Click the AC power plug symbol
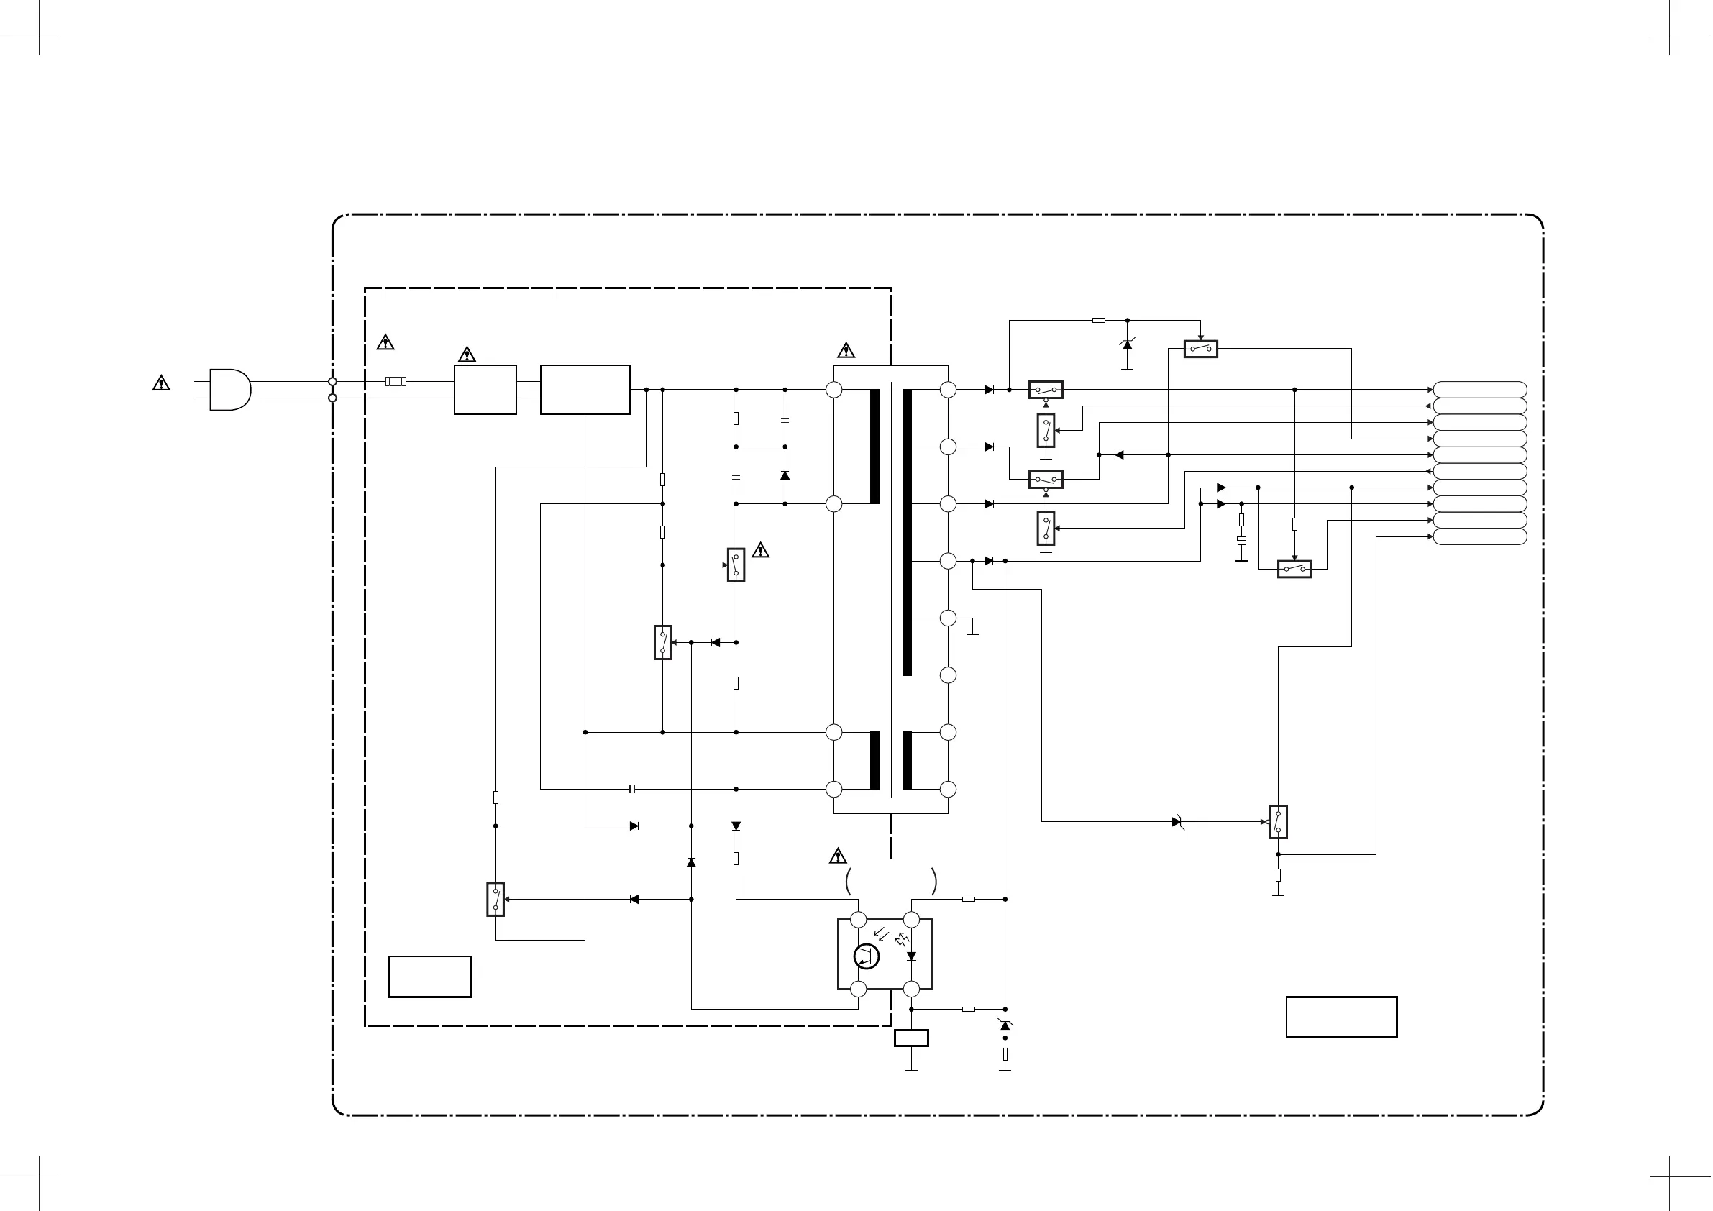(x=230, y=390)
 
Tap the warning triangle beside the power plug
(x=161, y=383)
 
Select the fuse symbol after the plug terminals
(x=396, y=382)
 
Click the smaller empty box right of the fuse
(x=485, y=390)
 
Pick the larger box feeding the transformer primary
(x=585, y=390)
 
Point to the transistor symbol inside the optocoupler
(x=866, y=956)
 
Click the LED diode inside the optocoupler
(x=911, y=956)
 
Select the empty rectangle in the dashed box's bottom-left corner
(x=430, y=977)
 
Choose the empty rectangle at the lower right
(x=1340, y=1017)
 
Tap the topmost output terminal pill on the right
(x=1479, y=390)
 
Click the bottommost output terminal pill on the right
(x=1479, y=537)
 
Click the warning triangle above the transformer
(x=845, y=350)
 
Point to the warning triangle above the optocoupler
(x=838, y=856)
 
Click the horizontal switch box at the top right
(x=1200, y=349)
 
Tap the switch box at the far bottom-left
(x=495, y=899)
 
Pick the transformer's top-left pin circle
(x=834, y=390)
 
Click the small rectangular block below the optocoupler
(x=911, y=1038)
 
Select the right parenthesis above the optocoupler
(x=934, y=882)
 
